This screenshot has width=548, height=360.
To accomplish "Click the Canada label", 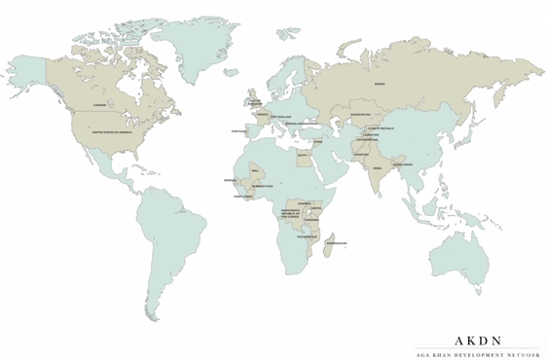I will point(99,105).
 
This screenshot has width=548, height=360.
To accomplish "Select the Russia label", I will point(380,84).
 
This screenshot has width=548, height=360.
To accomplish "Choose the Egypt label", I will point(303,154).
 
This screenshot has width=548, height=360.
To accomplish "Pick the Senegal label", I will point(230,180).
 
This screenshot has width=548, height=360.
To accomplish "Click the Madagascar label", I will point(337,242).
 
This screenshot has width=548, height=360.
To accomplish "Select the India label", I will point(377,167).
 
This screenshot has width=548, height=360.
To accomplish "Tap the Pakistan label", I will point(361,154).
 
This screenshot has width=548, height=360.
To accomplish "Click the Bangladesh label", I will point(402,164).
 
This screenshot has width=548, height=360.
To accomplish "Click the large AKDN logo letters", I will point(478,341).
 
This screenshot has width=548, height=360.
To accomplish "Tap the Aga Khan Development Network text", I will point(478,355).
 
